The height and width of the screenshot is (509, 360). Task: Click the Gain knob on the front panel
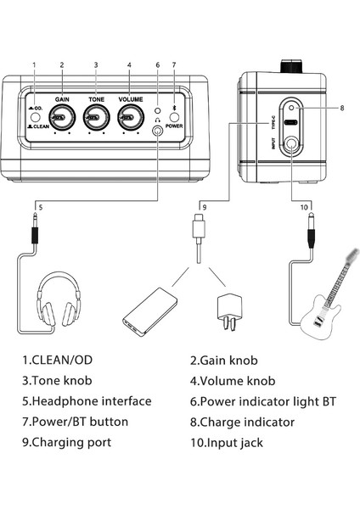coord(61,120)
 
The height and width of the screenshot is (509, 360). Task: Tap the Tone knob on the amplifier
coord(95,120)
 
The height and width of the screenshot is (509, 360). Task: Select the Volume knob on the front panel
coord(128,120)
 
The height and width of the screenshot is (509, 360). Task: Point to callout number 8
coord(341,108)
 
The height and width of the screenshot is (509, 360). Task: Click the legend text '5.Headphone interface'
coord(87,400)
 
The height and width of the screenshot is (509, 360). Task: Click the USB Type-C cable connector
coord(197,230)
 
